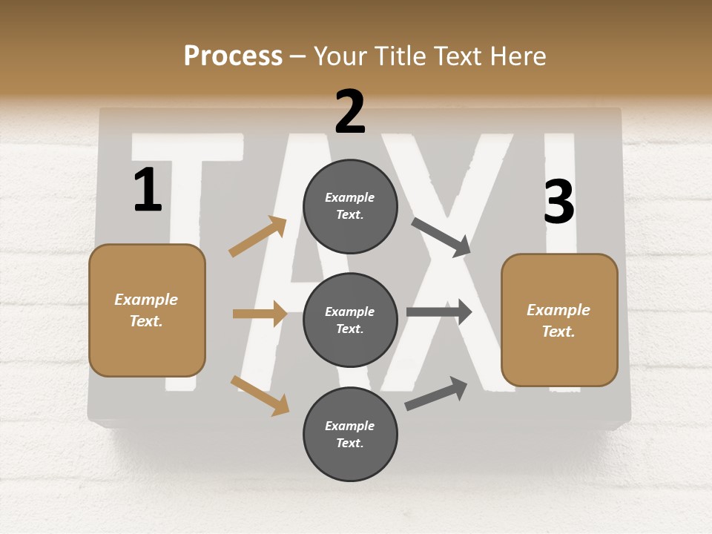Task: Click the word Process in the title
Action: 233,56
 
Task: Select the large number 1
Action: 148,190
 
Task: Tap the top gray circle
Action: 350,206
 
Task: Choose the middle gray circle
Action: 350,320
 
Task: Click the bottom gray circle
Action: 350,434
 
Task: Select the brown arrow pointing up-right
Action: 258,237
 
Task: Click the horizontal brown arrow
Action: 260,314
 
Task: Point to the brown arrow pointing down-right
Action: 260,395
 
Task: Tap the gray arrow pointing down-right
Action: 441,237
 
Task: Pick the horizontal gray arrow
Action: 439,312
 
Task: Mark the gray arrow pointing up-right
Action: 436,394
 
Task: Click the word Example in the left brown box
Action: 146,300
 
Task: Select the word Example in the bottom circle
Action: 349,426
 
